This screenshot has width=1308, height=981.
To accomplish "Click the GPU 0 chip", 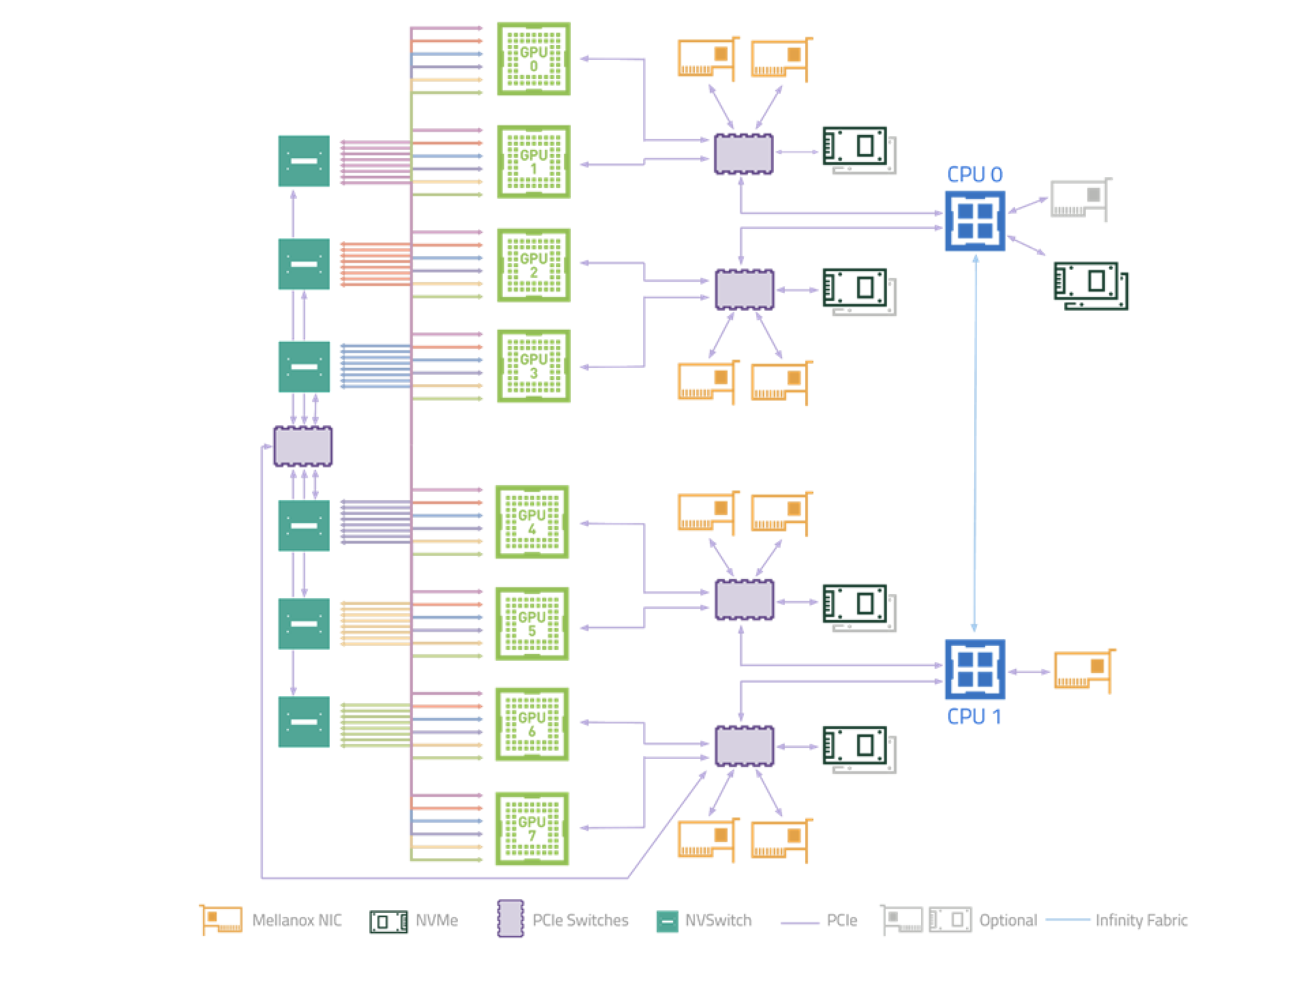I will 533,59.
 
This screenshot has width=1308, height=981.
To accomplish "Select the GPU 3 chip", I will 533,366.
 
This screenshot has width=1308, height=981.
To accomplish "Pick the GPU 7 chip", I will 532,828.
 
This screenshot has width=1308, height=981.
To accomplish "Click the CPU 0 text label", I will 974,175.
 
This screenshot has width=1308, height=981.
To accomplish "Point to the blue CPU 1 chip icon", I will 975,670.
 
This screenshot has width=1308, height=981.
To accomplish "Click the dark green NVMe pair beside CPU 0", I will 1090,285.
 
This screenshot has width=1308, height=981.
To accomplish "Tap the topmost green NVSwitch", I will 304,161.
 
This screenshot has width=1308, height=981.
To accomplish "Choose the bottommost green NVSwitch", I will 304,721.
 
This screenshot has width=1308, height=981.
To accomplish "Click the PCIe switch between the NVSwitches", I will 303,446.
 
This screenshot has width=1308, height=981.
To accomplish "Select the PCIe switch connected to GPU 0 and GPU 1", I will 743,153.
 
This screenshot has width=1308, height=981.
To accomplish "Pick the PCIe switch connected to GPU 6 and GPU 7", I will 744,746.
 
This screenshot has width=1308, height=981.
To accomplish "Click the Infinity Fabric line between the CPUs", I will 975,443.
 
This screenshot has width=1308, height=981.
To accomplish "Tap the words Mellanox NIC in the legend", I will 296,920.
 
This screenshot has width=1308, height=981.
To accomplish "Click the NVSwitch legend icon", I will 667,921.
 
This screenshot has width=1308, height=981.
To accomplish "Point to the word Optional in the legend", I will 1008,920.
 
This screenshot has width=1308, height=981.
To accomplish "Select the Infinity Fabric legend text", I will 1141,920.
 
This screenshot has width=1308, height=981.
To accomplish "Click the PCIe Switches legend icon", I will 510,919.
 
